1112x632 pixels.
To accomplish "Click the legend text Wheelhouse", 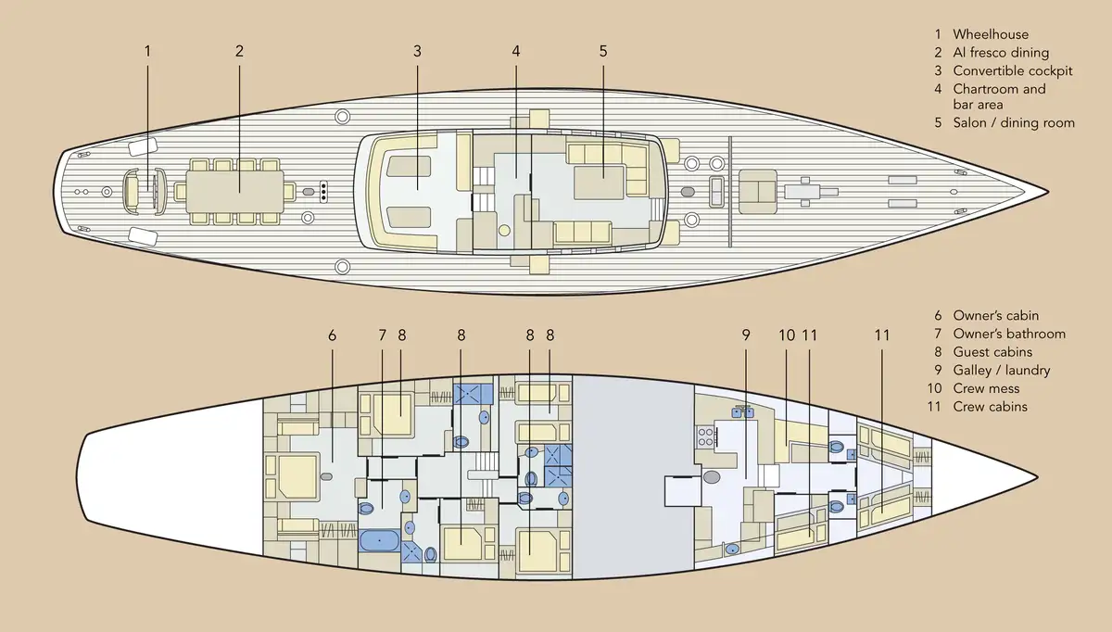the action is click(x=991, y=34).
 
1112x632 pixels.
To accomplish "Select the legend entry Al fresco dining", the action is click(x=1001, y=53).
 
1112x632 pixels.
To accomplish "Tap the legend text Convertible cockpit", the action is click(x=1013, y=71).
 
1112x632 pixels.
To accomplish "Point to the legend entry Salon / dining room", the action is click(x=1014, y=122).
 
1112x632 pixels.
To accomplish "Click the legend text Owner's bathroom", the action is click(x=1009, y=334).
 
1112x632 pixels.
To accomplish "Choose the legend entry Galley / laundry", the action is click(x=1002, y=371).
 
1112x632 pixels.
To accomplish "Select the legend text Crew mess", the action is click(x=986, y=388).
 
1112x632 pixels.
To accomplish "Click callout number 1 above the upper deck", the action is click(x=147, y=51).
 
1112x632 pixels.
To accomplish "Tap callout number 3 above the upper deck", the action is click(x=417, y=51).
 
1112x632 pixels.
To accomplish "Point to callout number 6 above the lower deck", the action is click(x=332, y=335).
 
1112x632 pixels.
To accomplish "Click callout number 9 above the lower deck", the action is click(x=746, y=335).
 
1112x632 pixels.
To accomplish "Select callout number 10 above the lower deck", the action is click(x=787, y=335).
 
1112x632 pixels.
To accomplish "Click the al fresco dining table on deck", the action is click(x=234, y=192).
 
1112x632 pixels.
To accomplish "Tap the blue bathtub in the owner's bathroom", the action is click(x=379, y=540).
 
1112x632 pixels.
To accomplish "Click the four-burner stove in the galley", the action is click(x=705, y=437).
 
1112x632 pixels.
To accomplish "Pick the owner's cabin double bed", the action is click(x=297, y=477).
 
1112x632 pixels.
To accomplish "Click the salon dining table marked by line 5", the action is click(x=599, y=183).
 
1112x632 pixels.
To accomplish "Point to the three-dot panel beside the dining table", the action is click(x=323, y=192).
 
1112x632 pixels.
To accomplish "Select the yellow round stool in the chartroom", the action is click(x=504, y=231).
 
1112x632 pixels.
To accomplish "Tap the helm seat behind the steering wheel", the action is click(x=132, y=192).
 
